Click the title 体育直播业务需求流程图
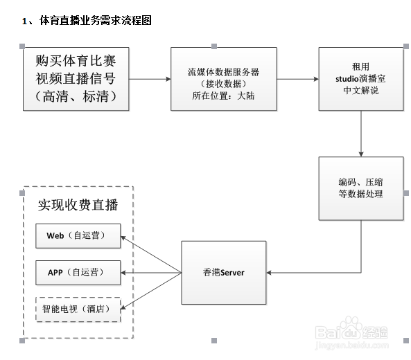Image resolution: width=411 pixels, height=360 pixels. (x=96, y=20)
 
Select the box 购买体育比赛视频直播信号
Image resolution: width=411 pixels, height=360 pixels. (x=76, y=79)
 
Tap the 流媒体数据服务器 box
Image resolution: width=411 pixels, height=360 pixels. (x=224, y=79)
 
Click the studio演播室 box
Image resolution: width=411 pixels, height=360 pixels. (x=361, y=79)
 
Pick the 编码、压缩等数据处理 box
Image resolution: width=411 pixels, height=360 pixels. (x=361, y=188)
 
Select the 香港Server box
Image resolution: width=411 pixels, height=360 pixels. (x=224, y=273)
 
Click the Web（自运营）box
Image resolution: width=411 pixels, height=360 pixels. (x=78, y=235)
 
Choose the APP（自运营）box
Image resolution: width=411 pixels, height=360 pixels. (x=78, y=273)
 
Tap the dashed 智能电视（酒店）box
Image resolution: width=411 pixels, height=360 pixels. (x=78, y=309)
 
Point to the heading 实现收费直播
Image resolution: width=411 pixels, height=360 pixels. (x=78, y=205)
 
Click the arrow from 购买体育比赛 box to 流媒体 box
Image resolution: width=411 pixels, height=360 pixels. (x=150, y=79)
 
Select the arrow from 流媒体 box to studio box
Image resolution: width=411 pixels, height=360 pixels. (x=298, y=79)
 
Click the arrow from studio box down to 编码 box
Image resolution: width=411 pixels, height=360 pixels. (x=361, y=134)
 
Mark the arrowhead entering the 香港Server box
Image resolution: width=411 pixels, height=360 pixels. (x=268, y=273)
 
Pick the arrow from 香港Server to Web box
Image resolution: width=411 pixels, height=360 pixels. (x=151, y=254)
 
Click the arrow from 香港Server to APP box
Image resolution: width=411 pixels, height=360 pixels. (x=151, y=273)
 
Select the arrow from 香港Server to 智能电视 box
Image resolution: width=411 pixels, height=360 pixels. (x=151, y=291)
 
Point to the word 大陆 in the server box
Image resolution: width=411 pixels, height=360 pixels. (x=246, y=96)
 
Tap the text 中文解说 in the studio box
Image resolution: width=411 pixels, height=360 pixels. (x=361, y=90)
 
